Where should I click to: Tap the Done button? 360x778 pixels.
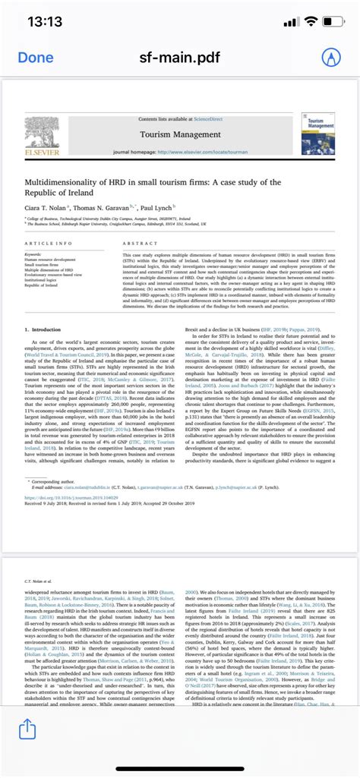pos(36,58)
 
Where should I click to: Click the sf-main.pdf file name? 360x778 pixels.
pos(180,58)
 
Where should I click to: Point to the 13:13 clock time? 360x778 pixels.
pos(46,22)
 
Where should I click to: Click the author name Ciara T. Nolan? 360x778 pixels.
pos(46,207)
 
